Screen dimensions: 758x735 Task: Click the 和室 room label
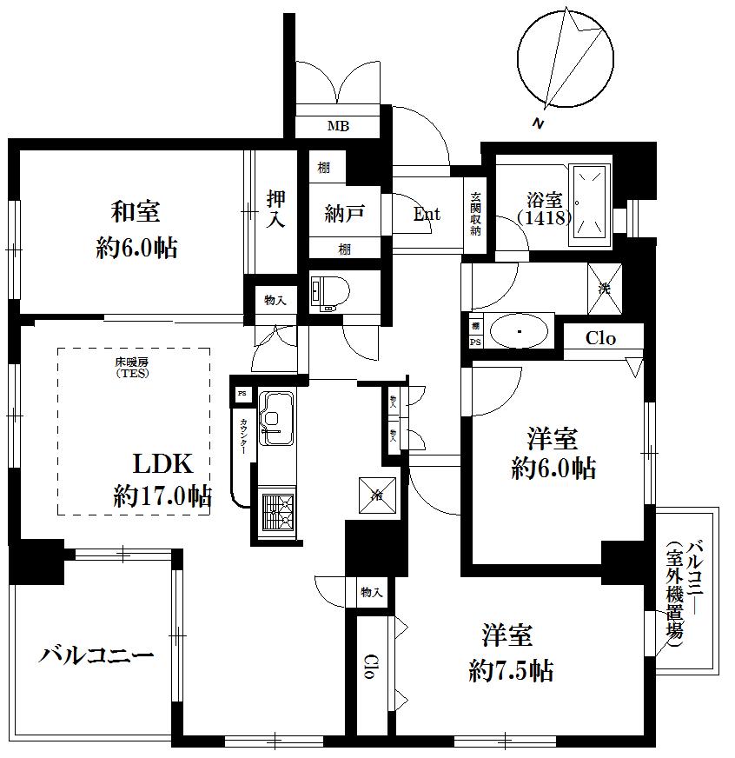coord(136,212)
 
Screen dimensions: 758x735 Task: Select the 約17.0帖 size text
coord(162,497)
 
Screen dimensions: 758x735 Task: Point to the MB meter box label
coord(338,127)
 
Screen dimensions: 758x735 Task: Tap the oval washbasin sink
coord(519,331)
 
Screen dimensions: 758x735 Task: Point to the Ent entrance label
coord(426,215)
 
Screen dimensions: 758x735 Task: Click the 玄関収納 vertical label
coord(476,215)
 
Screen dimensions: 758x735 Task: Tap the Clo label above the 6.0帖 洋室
coord(600,338)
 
